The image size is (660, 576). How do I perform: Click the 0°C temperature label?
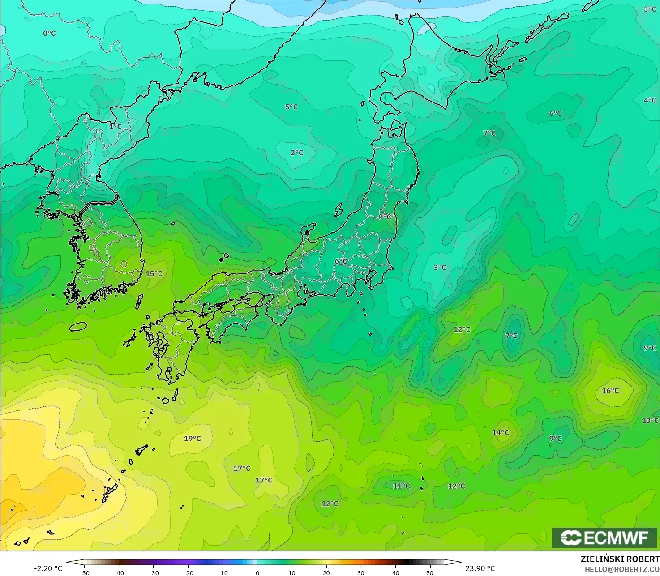tap(49, 33)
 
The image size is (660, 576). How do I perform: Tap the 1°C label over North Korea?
tap(116, 127)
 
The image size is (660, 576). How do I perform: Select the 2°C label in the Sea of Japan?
tap(297, 153)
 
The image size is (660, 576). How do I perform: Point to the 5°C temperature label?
tap(291, 107)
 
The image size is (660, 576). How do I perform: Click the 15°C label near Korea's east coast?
tap(154, 274)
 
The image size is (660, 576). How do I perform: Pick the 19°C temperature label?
tap(193, 439)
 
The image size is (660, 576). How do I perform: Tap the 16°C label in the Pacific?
tap(610, 391)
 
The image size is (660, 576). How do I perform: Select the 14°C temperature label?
tap(501, 433)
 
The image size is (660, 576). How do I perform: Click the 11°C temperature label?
tap(401, 486)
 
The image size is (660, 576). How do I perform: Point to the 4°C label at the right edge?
tap(650, 100)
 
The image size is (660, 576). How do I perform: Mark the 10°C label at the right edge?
tap(650, 421)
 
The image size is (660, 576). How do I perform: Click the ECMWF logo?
tap(604, 538)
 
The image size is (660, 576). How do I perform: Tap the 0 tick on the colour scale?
tap(257, 572)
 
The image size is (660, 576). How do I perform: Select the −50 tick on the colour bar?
tap(84, 572)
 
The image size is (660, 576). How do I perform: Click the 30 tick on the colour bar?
tap(361, 572)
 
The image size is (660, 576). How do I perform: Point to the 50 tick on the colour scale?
tap(430, 572)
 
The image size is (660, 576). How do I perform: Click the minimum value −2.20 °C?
tap(48, 568)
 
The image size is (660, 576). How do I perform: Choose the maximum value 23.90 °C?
tap(480, 568)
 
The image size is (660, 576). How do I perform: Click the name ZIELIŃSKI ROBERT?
tap(620, 559)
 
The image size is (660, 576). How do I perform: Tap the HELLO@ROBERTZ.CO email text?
tap(622, 569)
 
